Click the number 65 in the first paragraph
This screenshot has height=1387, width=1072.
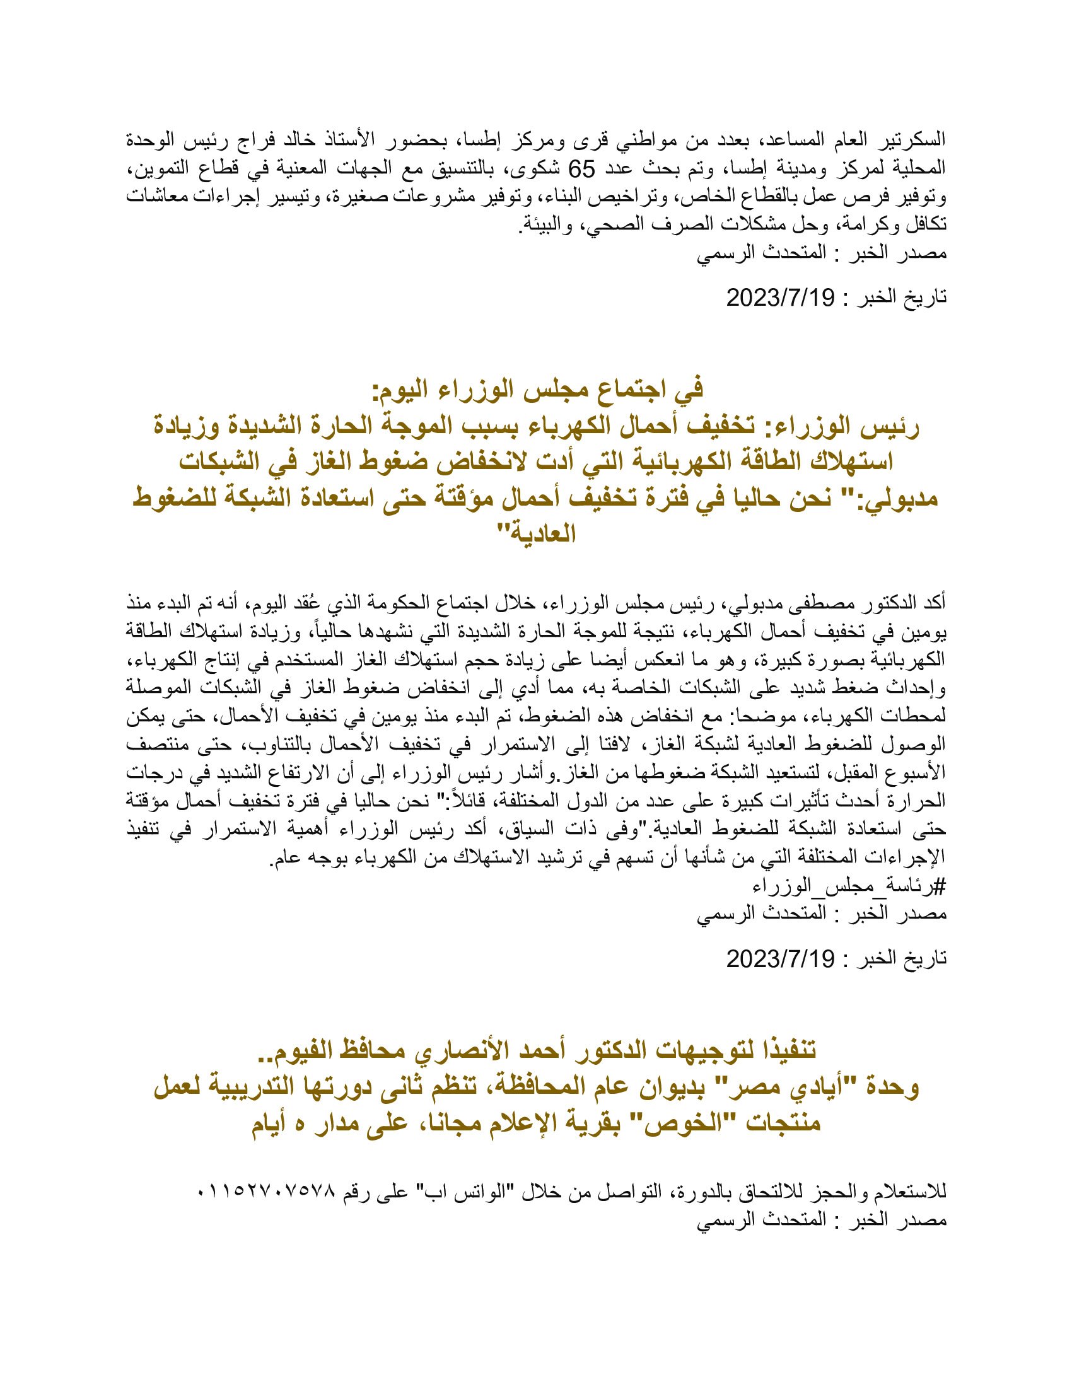coord(581,169)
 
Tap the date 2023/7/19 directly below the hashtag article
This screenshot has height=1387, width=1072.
coord(781,959)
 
